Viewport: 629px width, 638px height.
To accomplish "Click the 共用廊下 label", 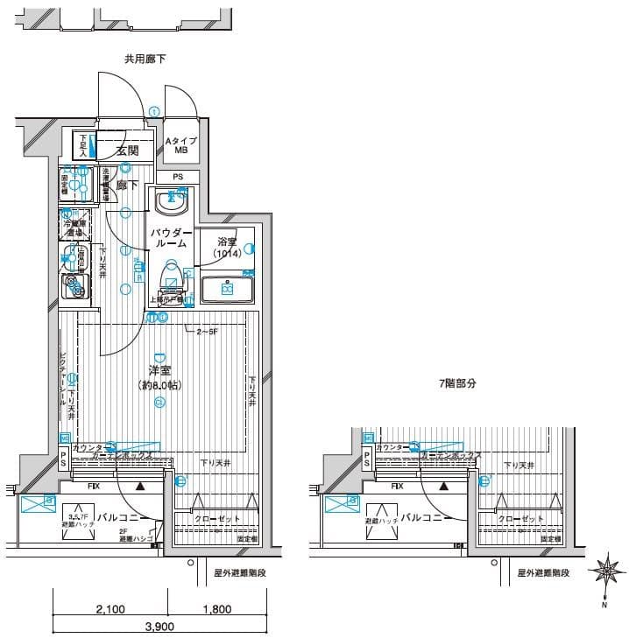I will tap(145, 60).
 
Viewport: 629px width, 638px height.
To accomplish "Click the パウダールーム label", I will tap(171, 238).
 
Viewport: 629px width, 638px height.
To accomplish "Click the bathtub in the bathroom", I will tap(227, 288).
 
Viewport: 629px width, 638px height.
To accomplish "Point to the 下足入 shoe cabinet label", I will tap(84, 145).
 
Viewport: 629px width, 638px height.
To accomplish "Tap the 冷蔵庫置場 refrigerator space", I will tap(74, 225).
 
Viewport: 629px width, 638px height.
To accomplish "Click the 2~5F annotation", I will tap(207, 331).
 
